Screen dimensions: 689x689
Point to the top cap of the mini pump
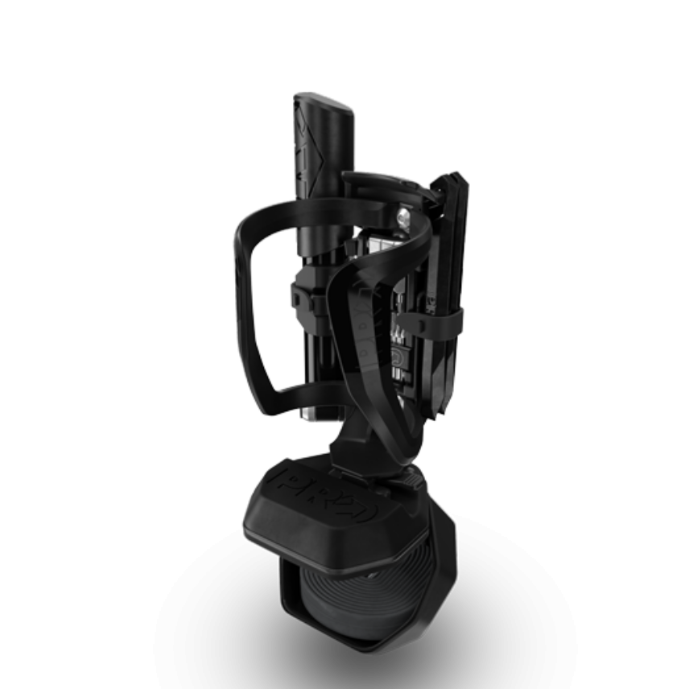[324, 103]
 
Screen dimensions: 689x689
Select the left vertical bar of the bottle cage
[243, 306]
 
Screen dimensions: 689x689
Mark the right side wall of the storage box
[447, 555]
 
